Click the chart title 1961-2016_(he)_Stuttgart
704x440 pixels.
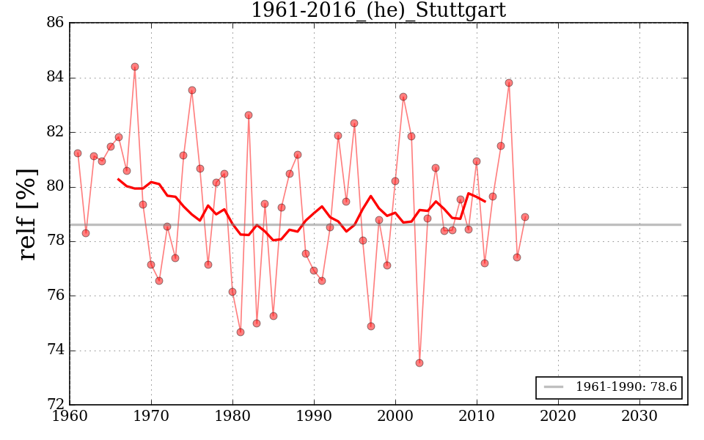(378, 10)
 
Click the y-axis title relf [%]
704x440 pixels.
(27, 214)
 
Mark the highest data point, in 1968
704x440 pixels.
(135, 67)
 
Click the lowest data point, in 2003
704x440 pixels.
(419, 363)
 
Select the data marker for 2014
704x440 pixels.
(509, 83)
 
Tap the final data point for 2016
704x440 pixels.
(525, 217)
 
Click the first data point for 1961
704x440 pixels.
(78, 153)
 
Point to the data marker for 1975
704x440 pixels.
(192, 90)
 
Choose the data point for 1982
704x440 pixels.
(249, 115)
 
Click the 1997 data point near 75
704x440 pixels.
(371, 326)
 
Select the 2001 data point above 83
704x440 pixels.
(403, 97)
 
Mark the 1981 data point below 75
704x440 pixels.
(241, 332)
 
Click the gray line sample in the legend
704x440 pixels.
(554, 387)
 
